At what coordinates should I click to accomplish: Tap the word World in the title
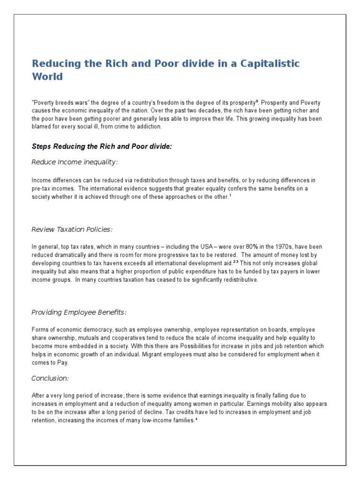47,76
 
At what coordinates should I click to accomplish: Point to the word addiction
149,127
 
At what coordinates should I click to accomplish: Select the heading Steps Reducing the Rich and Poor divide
102,147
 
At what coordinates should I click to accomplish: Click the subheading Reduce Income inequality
75,162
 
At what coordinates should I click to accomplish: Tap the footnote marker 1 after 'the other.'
230,195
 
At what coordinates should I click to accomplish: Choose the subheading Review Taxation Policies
72,229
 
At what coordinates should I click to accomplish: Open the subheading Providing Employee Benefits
79,313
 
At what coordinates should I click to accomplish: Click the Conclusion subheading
50,378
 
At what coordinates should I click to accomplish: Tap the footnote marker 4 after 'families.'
196,419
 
